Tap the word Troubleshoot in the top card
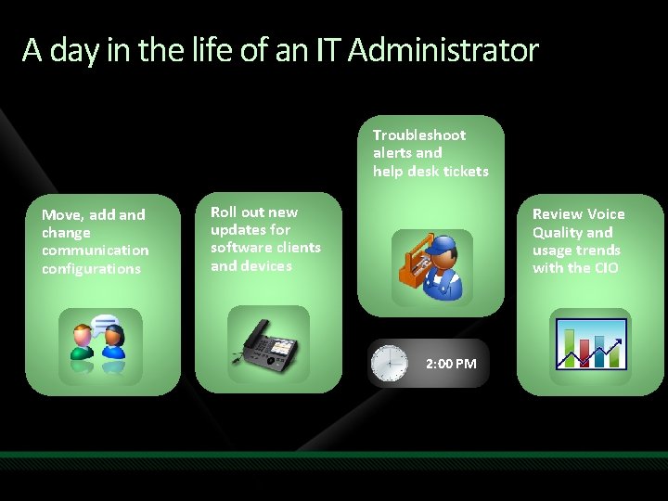click(419, 135)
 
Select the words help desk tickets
click(430, 171)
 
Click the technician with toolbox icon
click(431, 266)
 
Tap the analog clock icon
click(389, 363)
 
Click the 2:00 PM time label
click(451, 364)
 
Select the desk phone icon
click(268, 345)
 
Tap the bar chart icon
click(590, 344)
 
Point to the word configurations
click(91, 269)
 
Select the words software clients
click(265, 248)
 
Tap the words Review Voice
click(578, 214)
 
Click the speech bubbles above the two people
click(106, 324)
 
